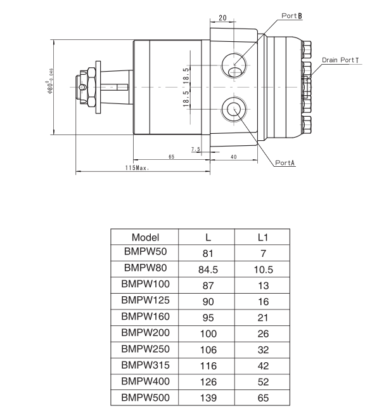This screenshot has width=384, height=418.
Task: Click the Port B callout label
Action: pyautogui.click(x=291, y=14)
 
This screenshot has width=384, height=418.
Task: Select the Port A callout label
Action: pyautogui.click(x=285, y=162)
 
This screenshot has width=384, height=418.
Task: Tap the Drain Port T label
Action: pyautogui.click(x=340, y=60)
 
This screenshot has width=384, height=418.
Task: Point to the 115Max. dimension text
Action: pyautogui.click(x=137, y=169)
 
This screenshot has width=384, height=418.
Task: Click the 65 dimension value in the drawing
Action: pyautogui.click(x=171, y=156)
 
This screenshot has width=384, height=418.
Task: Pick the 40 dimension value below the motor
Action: pyautogui.click(x=233, y=156)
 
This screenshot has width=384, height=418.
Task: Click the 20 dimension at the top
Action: pyautogui.click(x=222, y=18)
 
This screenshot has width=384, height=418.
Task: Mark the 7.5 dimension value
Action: pyautogui.click(x=195, y=150)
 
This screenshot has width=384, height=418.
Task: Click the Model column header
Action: pyautogui.click(x=145, y=237)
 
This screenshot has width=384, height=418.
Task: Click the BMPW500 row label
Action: pyautogui.click(x=145, y=398)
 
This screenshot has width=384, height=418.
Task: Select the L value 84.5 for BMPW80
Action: pyautogui.click(x=208, y=269)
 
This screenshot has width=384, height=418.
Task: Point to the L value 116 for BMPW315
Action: pyautogui.click(x=208, y=366)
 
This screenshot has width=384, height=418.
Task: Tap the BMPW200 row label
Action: pyautogui.click(x=145, y=332)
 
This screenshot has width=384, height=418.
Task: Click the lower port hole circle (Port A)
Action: pyautogui.click(x=233, y=108)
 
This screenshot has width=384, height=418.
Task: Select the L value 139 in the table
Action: pyautogui.click(x=208, y=398)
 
